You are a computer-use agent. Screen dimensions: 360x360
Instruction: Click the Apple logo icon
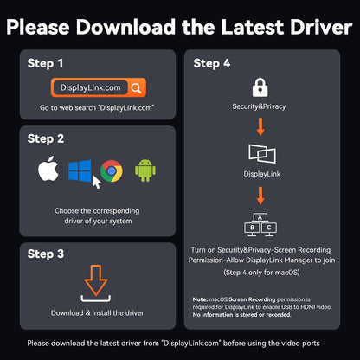48,170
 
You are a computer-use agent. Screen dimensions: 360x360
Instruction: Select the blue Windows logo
80,171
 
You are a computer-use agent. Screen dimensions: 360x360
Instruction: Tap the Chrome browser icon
112,171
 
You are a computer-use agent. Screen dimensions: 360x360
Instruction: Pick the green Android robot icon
145,170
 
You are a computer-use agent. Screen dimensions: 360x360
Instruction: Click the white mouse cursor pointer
96,182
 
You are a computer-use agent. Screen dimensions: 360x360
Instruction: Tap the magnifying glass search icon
136,88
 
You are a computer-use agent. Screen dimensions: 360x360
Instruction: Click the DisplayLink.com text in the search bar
90,87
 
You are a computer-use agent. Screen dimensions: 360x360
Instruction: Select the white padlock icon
260,87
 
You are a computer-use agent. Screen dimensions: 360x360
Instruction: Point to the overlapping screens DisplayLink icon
262,154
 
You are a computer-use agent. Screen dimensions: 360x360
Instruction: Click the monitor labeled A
260,217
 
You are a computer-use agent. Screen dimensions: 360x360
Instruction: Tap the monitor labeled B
252,228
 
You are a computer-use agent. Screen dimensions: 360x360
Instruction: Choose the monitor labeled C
269,228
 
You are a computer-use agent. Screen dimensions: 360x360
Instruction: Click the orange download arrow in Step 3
96,280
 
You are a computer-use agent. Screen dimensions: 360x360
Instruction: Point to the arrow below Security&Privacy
260,126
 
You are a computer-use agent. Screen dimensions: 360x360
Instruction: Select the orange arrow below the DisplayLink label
260,196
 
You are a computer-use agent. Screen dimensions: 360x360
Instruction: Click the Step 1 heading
45,63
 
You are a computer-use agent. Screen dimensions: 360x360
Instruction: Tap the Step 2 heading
46,138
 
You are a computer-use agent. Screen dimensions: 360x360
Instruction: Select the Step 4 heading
212,63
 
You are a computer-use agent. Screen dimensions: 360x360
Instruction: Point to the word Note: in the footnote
200,299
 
